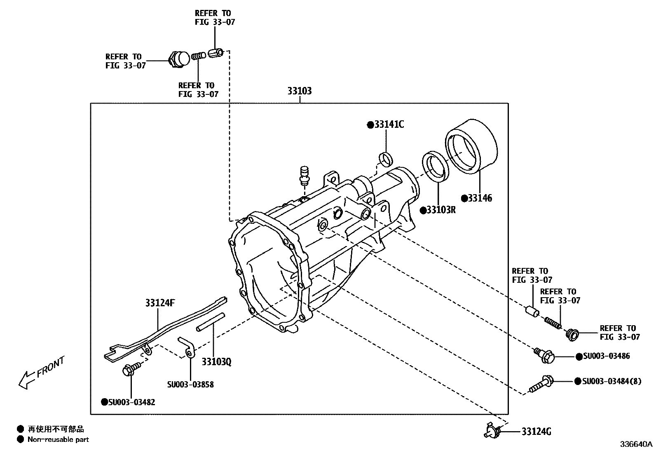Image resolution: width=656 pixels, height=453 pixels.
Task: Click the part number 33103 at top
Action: point(300,91)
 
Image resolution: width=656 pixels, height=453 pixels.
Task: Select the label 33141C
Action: point(389,124)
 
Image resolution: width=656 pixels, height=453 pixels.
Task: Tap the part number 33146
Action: point(480,198)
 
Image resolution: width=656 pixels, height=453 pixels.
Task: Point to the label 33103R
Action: point(440,210)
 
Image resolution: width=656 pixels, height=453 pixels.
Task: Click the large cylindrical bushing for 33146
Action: point(471,145)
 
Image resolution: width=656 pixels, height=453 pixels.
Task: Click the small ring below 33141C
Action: point(385,159)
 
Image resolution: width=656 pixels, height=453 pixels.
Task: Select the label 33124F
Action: point(160,303)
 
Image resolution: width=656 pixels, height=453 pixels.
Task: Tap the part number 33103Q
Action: point(216,362)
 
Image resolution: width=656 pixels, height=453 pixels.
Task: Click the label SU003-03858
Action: point(190,385)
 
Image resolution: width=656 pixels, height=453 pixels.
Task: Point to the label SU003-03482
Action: point(131,402)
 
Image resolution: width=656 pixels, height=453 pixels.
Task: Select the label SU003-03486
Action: point(606,356)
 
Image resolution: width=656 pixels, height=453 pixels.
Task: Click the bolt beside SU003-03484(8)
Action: point(541,383)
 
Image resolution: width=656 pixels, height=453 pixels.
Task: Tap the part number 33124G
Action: point(536,432)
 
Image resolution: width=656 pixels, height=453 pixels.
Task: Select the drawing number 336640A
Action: point(636,444)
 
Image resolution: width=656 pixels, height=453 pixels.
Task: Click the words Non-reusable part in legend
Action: point(58,440)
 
